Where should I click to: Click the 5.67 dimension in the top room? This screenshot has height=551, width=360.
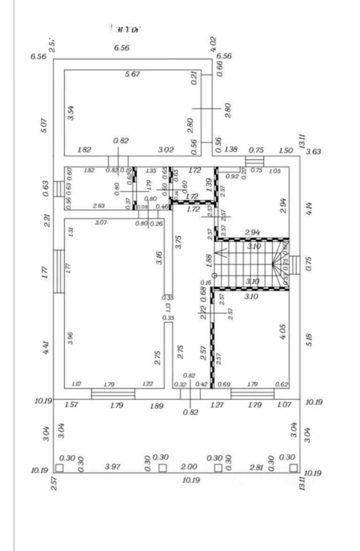(x=133, y=74)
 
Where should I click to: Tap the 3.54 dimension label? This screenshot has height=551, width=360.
(x=71, y=113)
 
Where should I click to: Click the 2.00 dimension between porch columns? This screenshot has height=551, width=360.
(x=189, y=467)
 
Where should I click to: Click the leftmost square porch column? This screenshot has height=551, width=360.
(x=59, y=468)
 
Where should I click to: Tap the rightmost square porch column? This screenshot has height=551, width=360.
(x=293, y=468)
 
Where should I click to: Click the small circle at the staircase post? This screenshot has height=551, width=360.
(x=214, y=275)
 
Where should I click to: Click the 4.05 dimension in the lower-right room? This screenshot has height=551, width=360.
(x=283, y=331)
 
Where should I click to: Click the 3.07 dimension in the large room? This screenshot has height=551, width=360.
(x=101, y=223)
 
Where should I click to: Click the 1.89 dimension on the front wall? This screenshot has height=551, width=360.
(x=157, y=406)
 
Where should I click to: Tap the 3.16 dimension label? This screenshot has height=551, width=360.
(x=159, y=258)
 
